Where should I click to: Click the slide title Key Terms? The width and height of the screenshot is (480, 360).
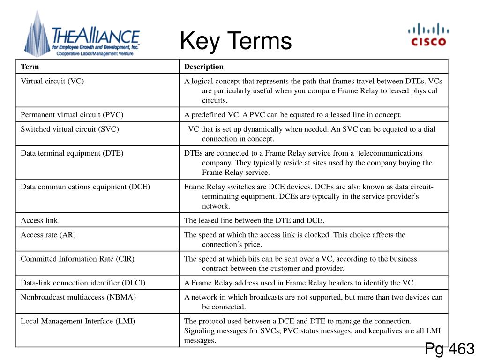(236, 41)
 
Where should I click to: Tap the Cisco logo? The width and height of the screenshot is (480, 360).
(428, 36)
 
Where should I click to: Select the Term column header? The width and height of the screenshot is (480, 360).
(30, 67)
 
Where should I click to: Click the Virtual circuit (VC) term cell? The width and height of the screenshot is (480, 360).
(52, 81)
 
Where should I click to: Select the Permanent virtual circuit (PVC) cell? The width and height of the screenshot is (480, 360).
(72, 114)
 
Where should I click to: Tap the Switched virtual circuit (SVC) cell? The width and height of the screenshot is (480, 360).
(70, 129)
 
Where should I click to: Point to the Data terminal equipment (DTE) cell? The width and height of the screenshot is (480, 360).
(72, 153)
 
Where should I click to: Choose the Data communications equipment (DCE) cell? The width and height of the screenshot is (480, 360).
(85, 187)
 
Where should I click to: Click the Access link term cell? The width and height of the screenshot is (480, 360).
(39, 220)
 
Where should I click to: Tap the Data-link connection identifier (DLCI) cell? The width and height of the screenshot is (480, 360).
(83, 283)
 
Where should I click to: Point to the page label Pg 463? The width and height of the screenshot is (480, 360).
(450, 349)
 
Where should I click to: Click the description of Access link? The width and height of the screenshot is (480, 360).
(254, 220)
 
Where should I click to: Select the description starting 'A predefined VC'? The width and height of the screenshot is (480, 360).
(293, 114)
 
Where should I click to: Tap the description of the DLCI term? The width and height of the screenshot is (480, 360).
(300, 283)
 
